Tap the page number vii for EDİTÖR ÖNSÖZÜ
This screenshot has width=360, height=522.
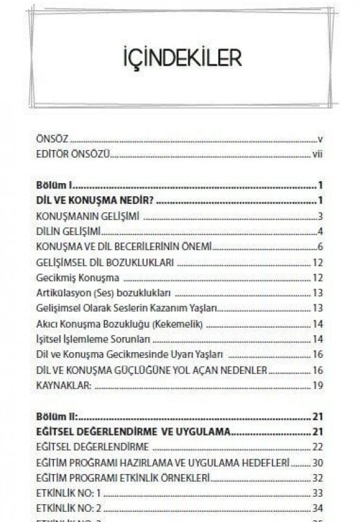tap(317, 154)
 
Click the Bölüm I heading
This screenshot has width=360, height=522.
tap(53, 185)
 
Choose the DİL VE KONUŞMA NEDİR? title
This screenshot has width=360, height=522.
tap(92, 200)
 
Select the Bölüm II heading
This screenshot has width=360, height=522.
tap(56, 417)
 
